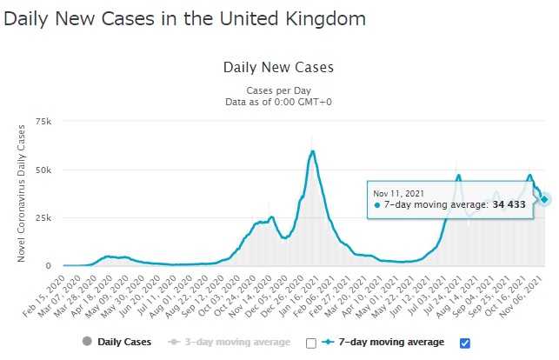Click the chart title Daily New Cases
278,67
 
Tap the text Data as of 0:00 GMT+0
278,102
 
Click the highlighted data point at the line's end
545,199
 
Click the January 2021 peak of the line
312,152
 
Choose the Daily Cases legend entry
118,343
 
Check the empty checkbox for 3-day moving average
311,343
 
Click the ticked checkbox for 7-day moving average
463,343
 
